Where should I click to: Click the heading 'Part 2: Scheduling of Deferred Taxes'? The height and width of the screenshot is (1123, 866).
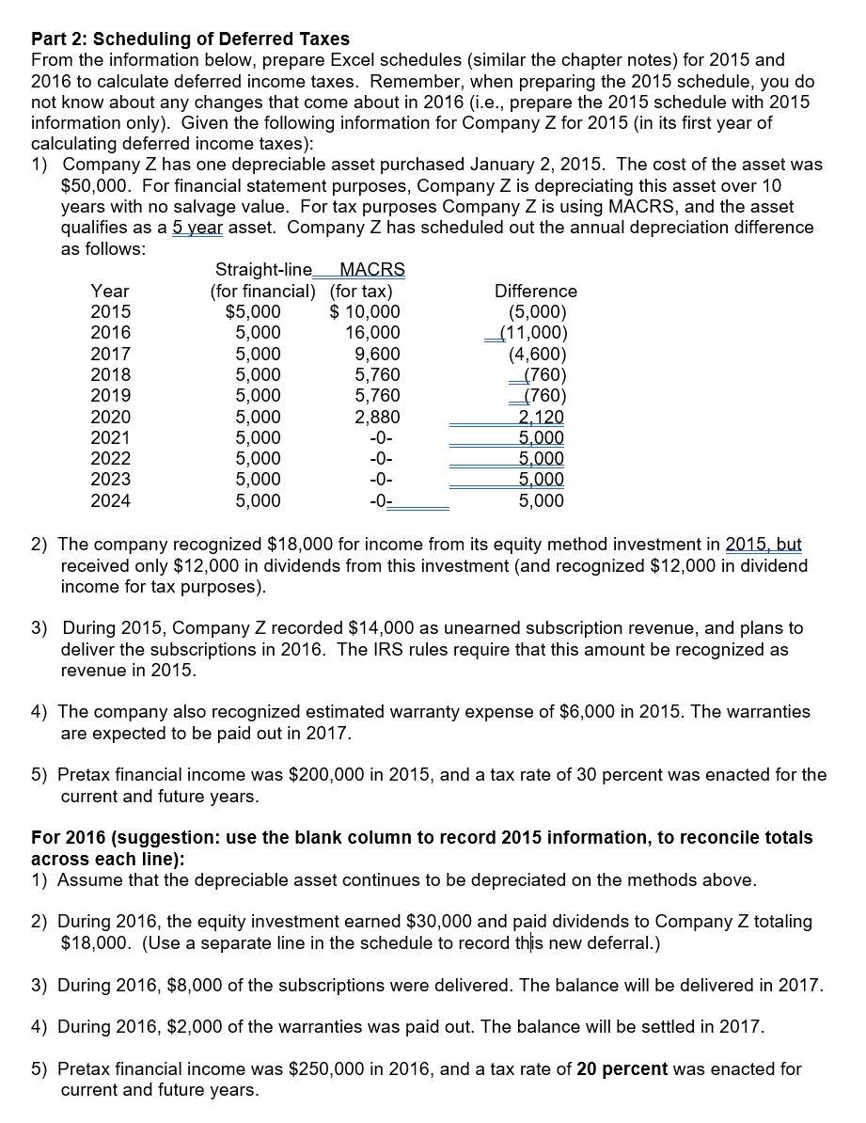190,39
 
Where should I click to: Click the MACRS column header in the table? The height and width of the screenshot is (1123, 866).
370,271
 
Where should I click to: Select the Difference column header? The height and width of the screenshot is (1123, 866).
535,292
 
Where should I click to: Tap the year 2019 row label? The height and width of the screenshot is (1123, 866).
110,396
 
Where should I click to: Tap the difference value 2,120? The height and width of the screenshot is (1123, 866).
542,417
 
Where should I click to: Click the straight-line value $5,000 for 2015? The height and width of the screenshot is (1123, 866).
253,312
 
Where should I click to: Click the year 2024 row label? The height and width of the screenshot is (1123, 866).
110,500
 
